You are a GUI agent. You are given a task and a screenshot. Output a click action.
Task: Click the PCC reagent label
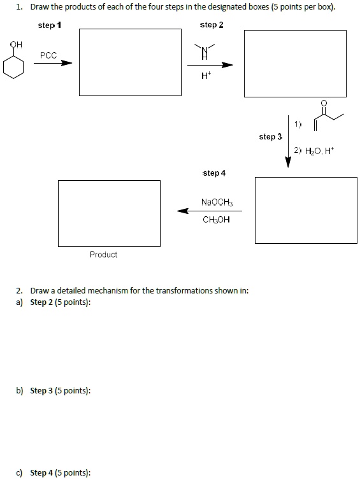(48, 55)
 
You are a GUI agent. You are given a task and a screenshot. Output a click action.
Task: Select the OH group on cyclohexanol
(16, 45)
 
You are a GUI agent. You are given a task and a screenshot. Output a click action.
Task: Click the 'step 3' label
(268, 136)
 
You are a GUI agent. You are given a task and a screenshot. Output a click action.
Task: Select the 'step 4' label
(213, 173)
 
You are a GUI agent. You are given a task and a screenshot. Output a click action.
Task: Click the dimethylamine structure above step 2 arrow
(205, 50)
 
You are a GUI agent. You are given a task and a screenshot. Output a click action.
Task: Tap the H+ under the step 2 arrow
(205, 76)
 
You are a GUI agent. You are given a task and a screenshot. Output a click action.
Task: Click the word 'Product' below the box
(103, 255)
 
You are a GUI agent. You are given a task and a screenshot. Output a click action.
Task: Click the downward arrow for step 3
(288, 143)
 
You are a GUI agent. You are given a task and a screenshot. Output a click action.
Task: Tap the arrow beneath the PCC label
(53, 63)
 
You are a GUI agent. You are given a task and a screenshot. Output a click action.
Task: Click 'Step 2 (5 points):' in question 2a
(61, 302)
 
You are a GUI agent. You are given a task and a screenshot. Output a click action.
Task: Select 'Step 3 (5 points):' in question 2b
(61, 390)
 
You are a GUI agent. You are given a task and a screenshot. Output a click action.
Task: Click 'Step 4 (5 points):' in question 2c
(61, 472)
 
